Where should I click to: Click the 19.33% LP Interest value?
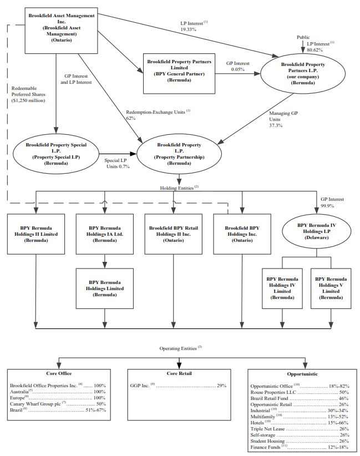[189, 29]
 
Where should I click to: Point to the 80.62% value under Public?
[315, 50]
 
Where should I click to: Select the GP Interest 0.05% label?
[238, 67]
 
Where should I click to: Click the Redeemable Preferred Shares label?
[28, 94]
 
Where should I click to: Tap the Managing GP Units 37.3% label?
[283, 119]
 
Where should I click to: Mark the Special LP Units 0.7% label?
[117, 164]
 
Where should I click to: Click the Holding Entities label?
[179, 188]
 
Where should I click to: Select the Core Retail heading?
[179, 373]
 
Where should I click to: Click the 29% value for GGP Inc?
[221, 386]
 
